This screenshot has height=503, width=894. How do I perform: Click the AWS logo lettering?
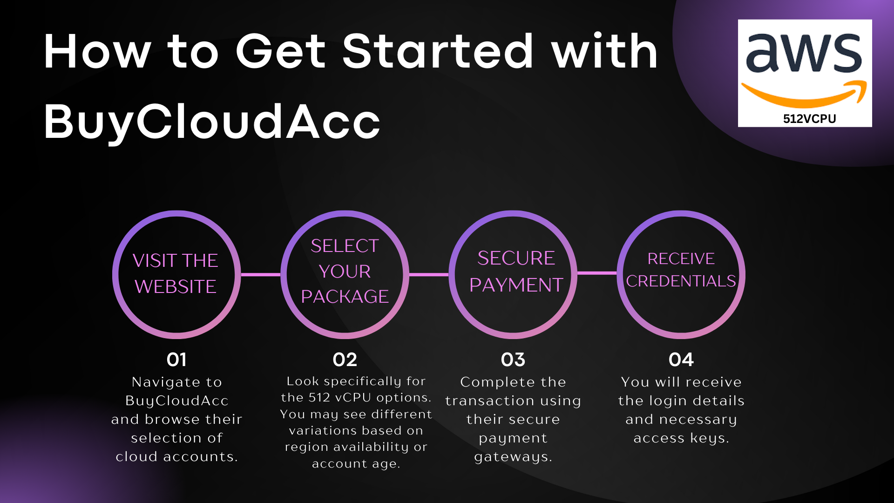[x=804, y=54]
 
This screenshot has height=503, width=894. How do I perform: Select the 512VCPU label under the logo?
[x=809, y=119]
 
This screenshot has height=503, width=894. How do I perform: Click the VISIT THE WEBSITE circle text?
[x=176, y=273]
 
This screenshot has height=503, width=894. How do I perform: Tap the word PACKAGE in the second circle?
[x=345, y=297]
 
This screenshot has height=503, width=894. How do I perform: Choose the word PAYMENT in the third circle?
[x=516, y=285]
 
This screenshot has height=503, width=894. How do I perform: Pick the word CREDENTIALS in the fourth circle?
[x=681, y=281]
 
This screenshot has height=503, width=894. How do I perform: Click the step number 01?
[x=176, y=360]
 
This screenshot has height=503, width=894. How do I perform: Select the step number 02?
[x=345, y=360]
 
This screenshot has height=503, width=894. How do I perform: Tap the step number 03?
[x=513, y=360]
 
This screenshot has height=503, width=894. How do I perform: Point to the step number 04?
[x=681, y=360]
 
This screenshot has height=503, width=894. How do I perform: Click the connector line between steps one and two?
[x=261, y=274]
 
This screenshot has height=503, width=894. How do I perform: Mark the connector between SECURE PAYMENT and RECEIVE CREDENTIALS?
[x=597, y=273]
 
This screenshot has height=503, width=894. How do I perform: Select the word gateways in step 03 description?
[x=513, y=457]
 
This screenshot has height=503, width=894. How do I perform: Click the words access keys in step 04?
[x=681, y=438]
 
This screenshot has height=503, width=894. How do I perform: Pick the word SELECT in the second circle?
[x=345, y=246]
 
